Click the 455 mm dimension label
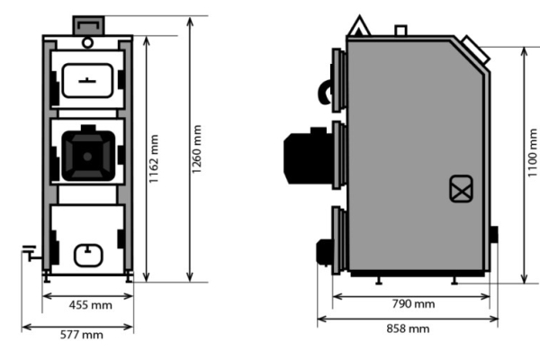pos(90,305)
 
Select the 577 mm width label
pos(80,335)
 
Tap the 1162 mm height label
pos(154,158)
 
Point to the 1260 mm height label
pos(197,148)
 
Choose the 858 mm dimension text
pos(407,328)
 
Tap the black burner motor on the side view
pos(306,157)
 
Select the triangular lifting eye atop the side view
pos(360,27)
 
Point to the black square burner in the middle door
pos(87,152)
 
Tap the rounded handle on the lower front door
pos(87,256)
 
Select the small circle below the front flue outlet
pos(86,41)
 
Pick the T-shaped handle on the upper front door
pos(86,79)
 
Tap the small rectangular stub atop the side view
pos(401,31)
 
